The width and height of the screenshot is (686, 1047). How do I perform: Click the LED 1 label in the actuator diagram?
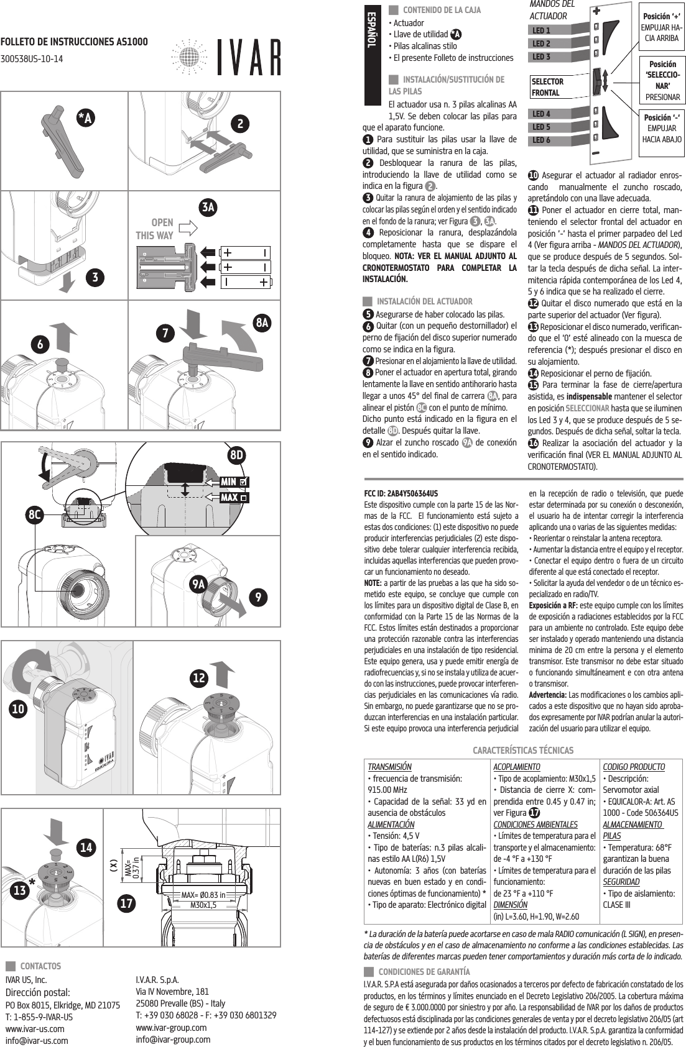click(x=542, y=30)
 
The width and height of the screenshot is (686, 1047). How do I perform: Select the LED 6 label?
click(x=542, y=140)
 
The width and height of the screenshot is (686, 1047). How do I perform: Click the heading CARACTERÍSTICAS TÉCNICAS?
click(x=523, y=751)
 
